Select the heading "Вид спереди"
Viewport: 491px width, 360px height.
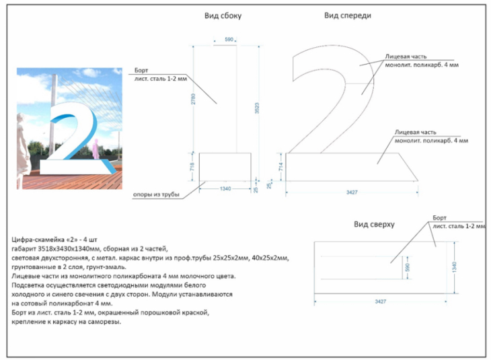[347, 15]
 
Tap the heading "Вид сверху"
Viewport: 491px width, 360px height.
[374, 224]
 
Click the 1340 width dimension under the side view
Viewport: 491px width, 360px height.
[225, 189]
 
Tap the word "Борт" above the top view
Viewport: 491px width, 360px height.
[439, 219]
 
